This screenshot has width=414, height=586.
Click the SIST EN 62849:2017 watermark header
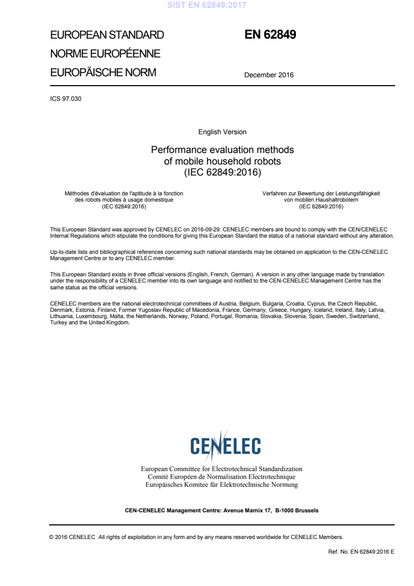[206, 6]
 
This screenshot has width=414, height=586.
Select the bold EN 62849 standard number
[270, 35]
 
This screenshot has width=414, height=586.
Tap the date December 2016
[269, 75]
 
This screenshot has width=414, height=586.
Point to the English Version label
[222, 132]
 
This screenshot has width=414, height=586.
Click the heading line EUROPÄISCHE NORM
[103, 73]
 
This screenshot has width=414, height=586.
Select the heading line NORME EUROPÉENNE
[105, 54]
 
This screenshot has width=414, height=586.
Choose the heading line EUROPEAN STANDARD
[107, 36]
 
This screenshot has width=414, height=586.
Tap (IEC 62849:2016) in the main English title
[222, 171]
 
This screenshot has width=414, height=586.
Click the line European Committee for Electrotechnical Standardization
[221, 469]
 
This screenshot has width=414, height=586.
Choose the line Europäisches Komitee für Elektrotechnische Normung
[221, 485]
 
